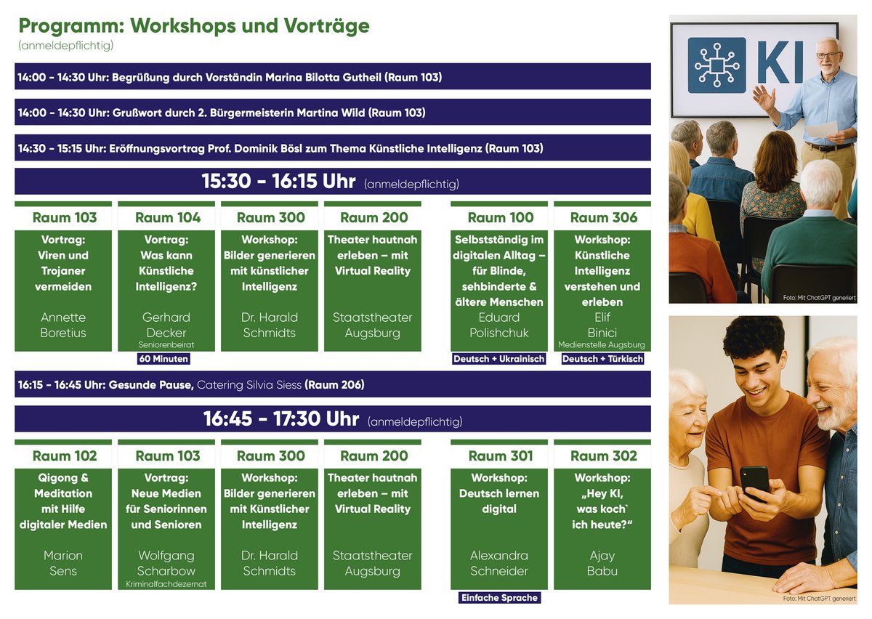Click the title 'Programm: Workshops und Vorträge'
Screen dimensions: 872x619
[x=194, y=26]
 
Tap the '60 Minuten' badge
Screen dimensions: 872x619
[x=163, y=359]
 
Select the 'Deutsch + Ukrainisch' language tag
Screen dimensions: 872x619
[x=498, y=359]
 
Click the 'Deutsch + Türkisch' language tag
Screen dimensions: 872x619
[x=602, y=359]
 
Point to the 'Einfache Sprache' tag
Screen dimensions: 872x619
[x=499, y=598]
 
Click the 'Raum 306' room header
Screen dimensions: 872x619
[x=604, y=217]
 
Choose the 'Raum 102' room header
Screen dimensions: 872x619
[x=65, y=456]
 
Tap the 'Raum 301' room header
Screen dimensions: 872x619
[x=501, y=456]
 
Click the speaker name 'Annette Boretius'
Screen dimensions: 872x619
[x=63, y=325]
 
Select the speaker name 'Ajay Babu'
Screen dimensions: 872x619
[x=602, y=563]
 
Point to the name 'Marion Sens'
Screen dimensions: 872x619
[x=63, y=563]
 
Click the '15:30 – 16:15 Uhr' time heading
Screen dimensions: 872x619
[x=278, y=182]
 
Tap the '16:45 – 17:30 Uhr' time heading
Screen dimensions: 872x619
[x=281, y=419]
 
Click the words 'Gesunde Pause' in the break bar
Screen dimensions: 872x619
[x=151, y=384]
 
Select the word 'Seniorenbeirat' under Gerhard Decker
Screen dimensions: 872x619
[x=166, y=344]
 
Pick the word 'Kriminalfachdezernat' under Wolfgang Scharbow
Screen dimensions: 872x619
[x=166, y=584]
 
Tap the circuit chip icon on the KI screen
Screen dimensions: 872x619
[x=717, y=65]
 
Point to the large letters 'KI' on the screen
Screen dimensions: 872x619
[x=780, y=62]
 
